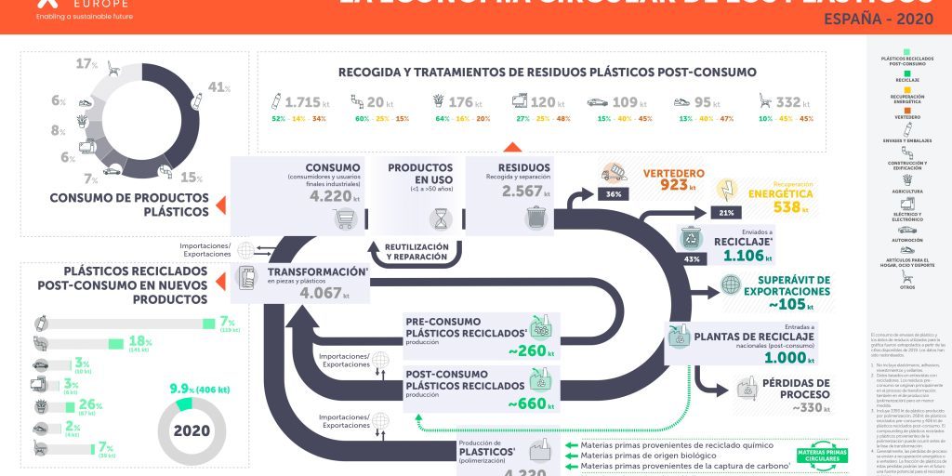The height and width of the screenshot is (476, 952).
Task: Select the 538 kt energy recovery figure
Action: click(x=793, y=206)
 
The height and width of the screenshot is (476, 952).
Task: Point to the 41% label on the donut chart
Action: click(x=219, y=87)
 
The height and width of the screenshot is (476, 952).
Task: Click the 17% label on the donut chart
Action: click(x=86, y=63)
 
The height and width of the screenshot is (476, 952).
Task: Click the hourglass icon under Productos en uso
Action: click(x=439, y=218)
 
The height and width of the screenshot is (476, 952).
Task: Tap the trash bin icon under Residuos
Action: click(x=535, y=218)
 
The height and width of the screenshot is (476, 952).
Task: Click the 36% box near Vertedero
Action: click(x=613, y=194)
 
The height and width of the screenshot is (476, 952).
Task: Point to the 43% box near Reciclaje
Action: click(x=691, y=258)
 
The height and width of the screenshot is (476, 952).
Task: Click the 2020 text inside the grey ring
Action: click(x=191, y=430)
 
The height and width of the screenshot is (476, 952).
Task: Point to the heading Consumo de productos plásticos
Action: click(x=129, y=205)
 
